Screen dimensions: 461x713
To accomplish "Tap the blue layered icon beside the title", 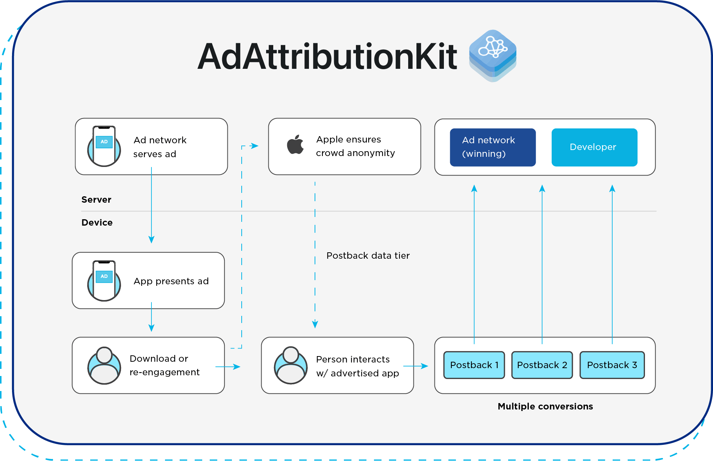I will click(493, 55).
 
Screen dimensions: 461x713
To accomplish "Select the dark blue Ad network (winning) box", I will click(492, 147).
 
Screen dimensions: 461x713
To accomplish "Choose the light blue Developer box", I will click(594, 147).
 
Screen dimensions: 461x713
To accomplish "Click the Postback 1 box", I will click(474, 365).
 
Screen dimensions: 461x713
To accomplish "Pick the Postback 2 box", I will click(542, 365).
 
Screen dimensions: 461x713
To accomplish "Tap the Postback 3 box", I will click(612, 365).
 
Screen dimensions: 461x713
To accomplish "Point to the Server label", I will click(96, 200).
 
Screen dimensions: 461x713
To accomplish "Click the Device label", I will click(97, 223).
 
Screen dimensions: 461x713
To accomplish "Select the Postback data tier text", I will click(368, 256).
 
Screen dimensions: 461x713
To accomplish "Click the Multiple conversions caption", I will click(545, 406).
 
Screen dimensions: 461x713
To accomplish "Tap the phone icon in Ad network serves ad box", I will click(104, 146).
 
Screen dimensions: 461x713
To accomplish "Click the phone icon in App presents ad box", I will click(104, 281).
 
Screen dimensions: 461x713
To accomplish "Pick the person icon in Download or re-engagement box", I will click(104, 365).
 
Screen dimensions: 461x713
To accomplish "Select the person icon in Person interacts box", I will click(291, 365).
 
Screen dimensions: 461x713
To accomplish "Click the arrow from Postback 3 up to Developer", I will click(612, 263).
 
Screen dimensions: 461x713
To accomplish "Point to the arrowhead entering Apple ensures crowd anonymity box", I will click(255, 146).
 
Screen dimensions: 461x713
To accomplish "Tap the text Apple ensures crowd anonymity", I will click(355, 146).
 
